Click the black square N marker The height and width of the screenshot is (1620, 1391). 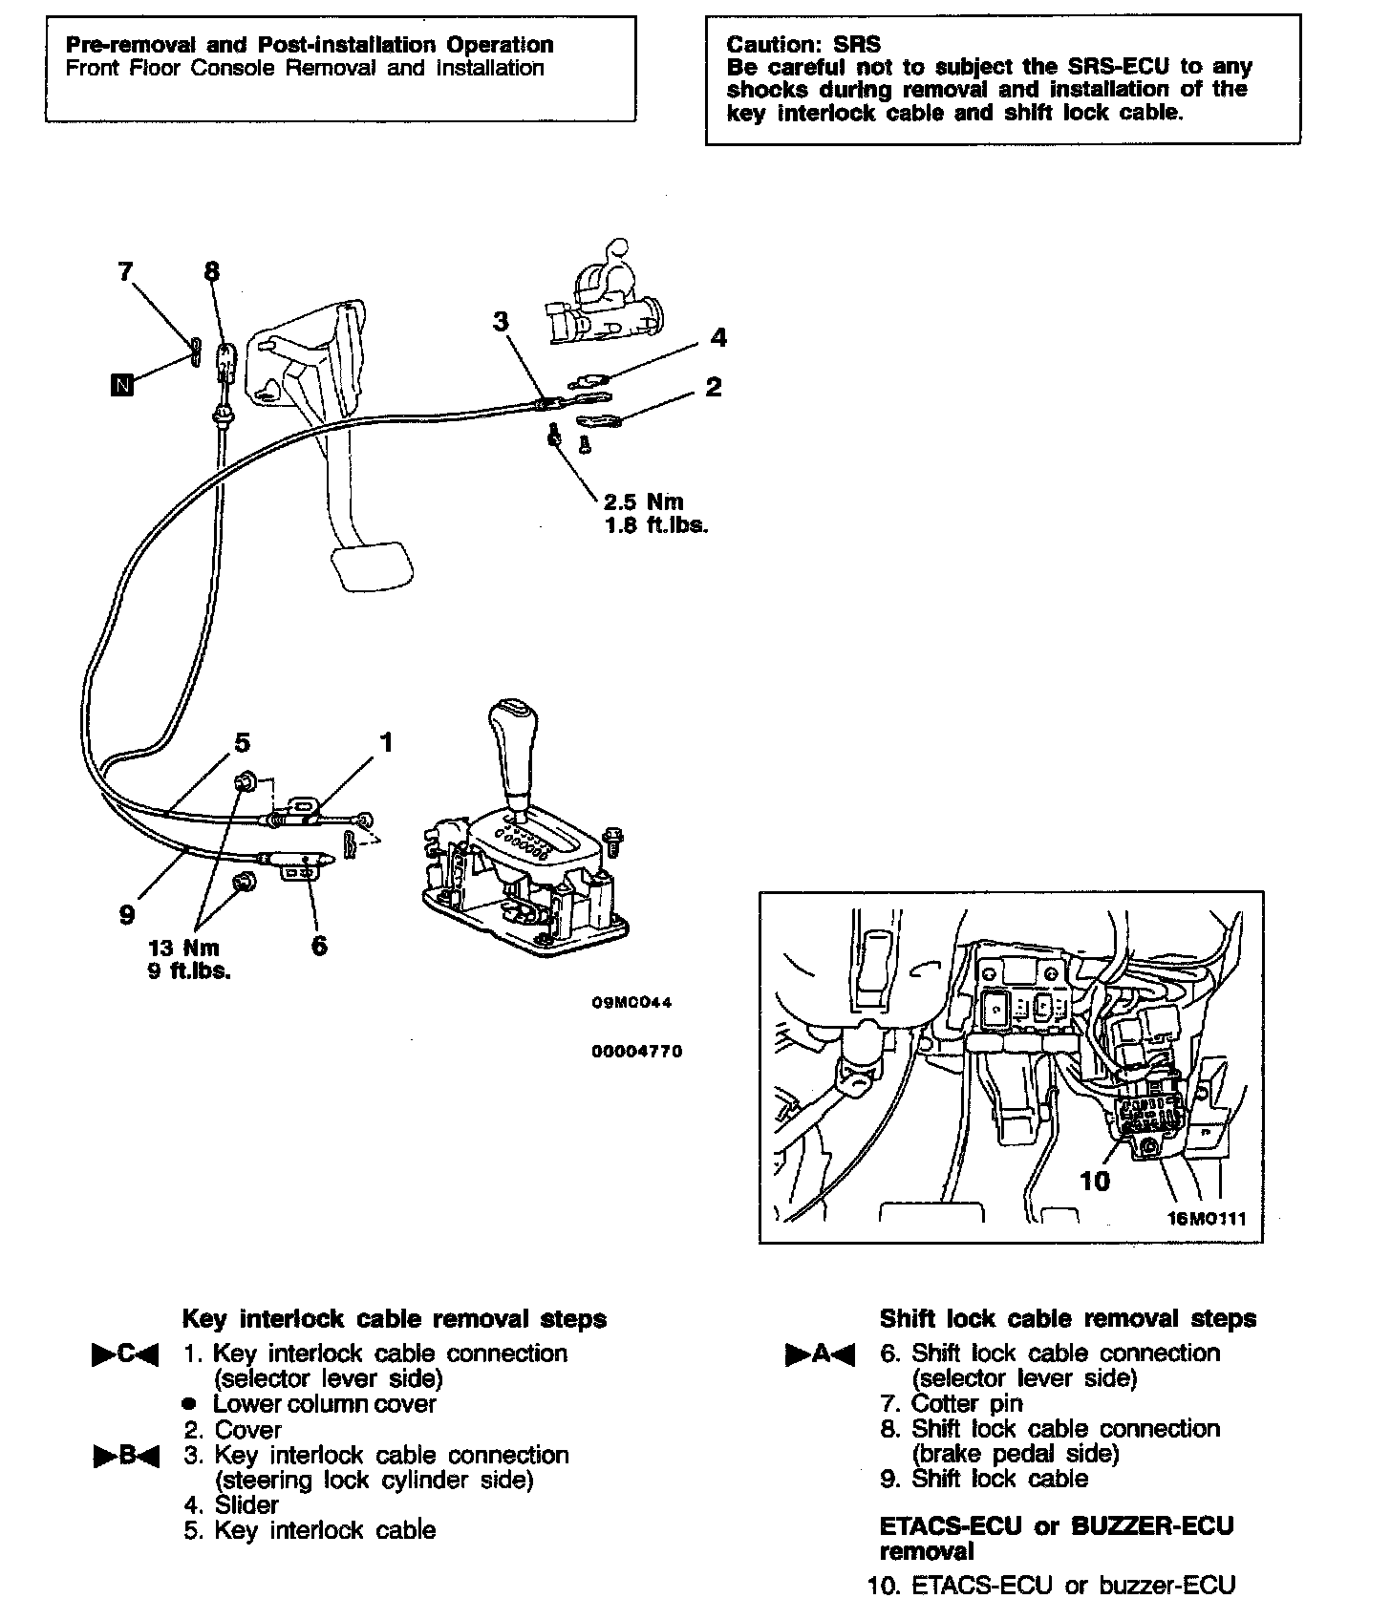[x=121, y=385]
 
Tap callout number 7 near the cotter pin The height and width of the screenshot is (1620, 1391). [x=125, y=272]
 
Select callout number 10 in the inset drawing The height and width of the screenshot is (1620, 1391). [x=1095, y=1181]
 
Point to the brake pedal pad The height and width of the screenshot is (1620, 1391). [x=372, y=563]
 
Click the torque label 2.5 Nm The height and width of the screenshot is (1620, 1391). [x=645, y=501]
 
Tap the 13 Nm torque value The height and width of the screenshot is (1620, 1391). [x=184, y=948]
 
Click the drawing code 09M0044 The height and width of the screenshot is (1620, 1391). [x=631, y=1003]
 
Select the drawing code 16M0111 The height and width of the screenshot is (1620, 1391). [x=1207, y=1219]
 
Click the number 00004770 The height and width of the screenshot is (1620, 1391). [x=637, y=1052]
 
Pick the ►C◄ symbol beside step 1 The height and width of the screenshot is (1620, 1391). [x=125, y=1354]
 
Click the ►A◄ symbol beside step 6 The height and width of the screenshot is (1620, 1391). [x=820, y=1354]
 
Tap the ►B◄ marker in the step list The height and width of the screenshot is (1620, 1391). [x=125, y=1457]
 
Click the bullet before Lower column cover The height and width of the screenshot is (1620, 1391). [x=189, y=1405]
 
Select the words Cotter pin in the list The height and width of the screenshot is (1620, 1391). [x=967, y=1403]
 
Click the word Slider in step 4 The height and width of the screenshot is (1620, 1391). [x=246, y=1504]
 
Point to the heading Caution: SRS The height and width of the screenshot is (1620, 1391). [x=803, y=44]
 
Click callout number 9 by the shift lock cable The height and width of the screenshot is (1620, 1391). [x=127, y=915]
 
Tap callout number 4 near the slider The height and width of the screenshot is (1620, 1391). [x=718, y=337]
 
